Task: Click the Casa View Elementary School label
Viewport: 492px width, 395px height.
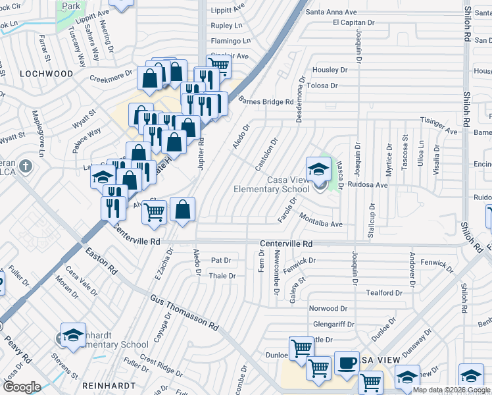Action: pos(271,184)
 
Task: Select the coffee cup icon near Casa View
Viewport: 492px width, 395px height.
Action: pos(347,363)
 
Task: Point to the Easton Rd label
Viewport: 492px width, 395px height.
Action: pos(101,260)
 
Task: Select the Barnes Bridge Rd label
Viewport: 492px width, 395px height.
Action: pos(266,102)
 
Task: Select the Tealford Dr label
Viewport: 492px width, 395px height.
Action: pos(384,293)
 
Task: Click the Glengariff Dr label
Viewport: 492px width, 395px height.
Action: pos(333,324)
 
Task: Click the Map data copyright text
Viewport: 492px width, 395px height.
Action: pos(452,390)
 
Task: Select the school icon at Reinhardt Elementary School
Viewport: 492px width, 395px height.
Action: pos(73,334)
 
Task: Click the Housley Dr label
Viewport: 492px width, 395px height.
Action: pos(330,70)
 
